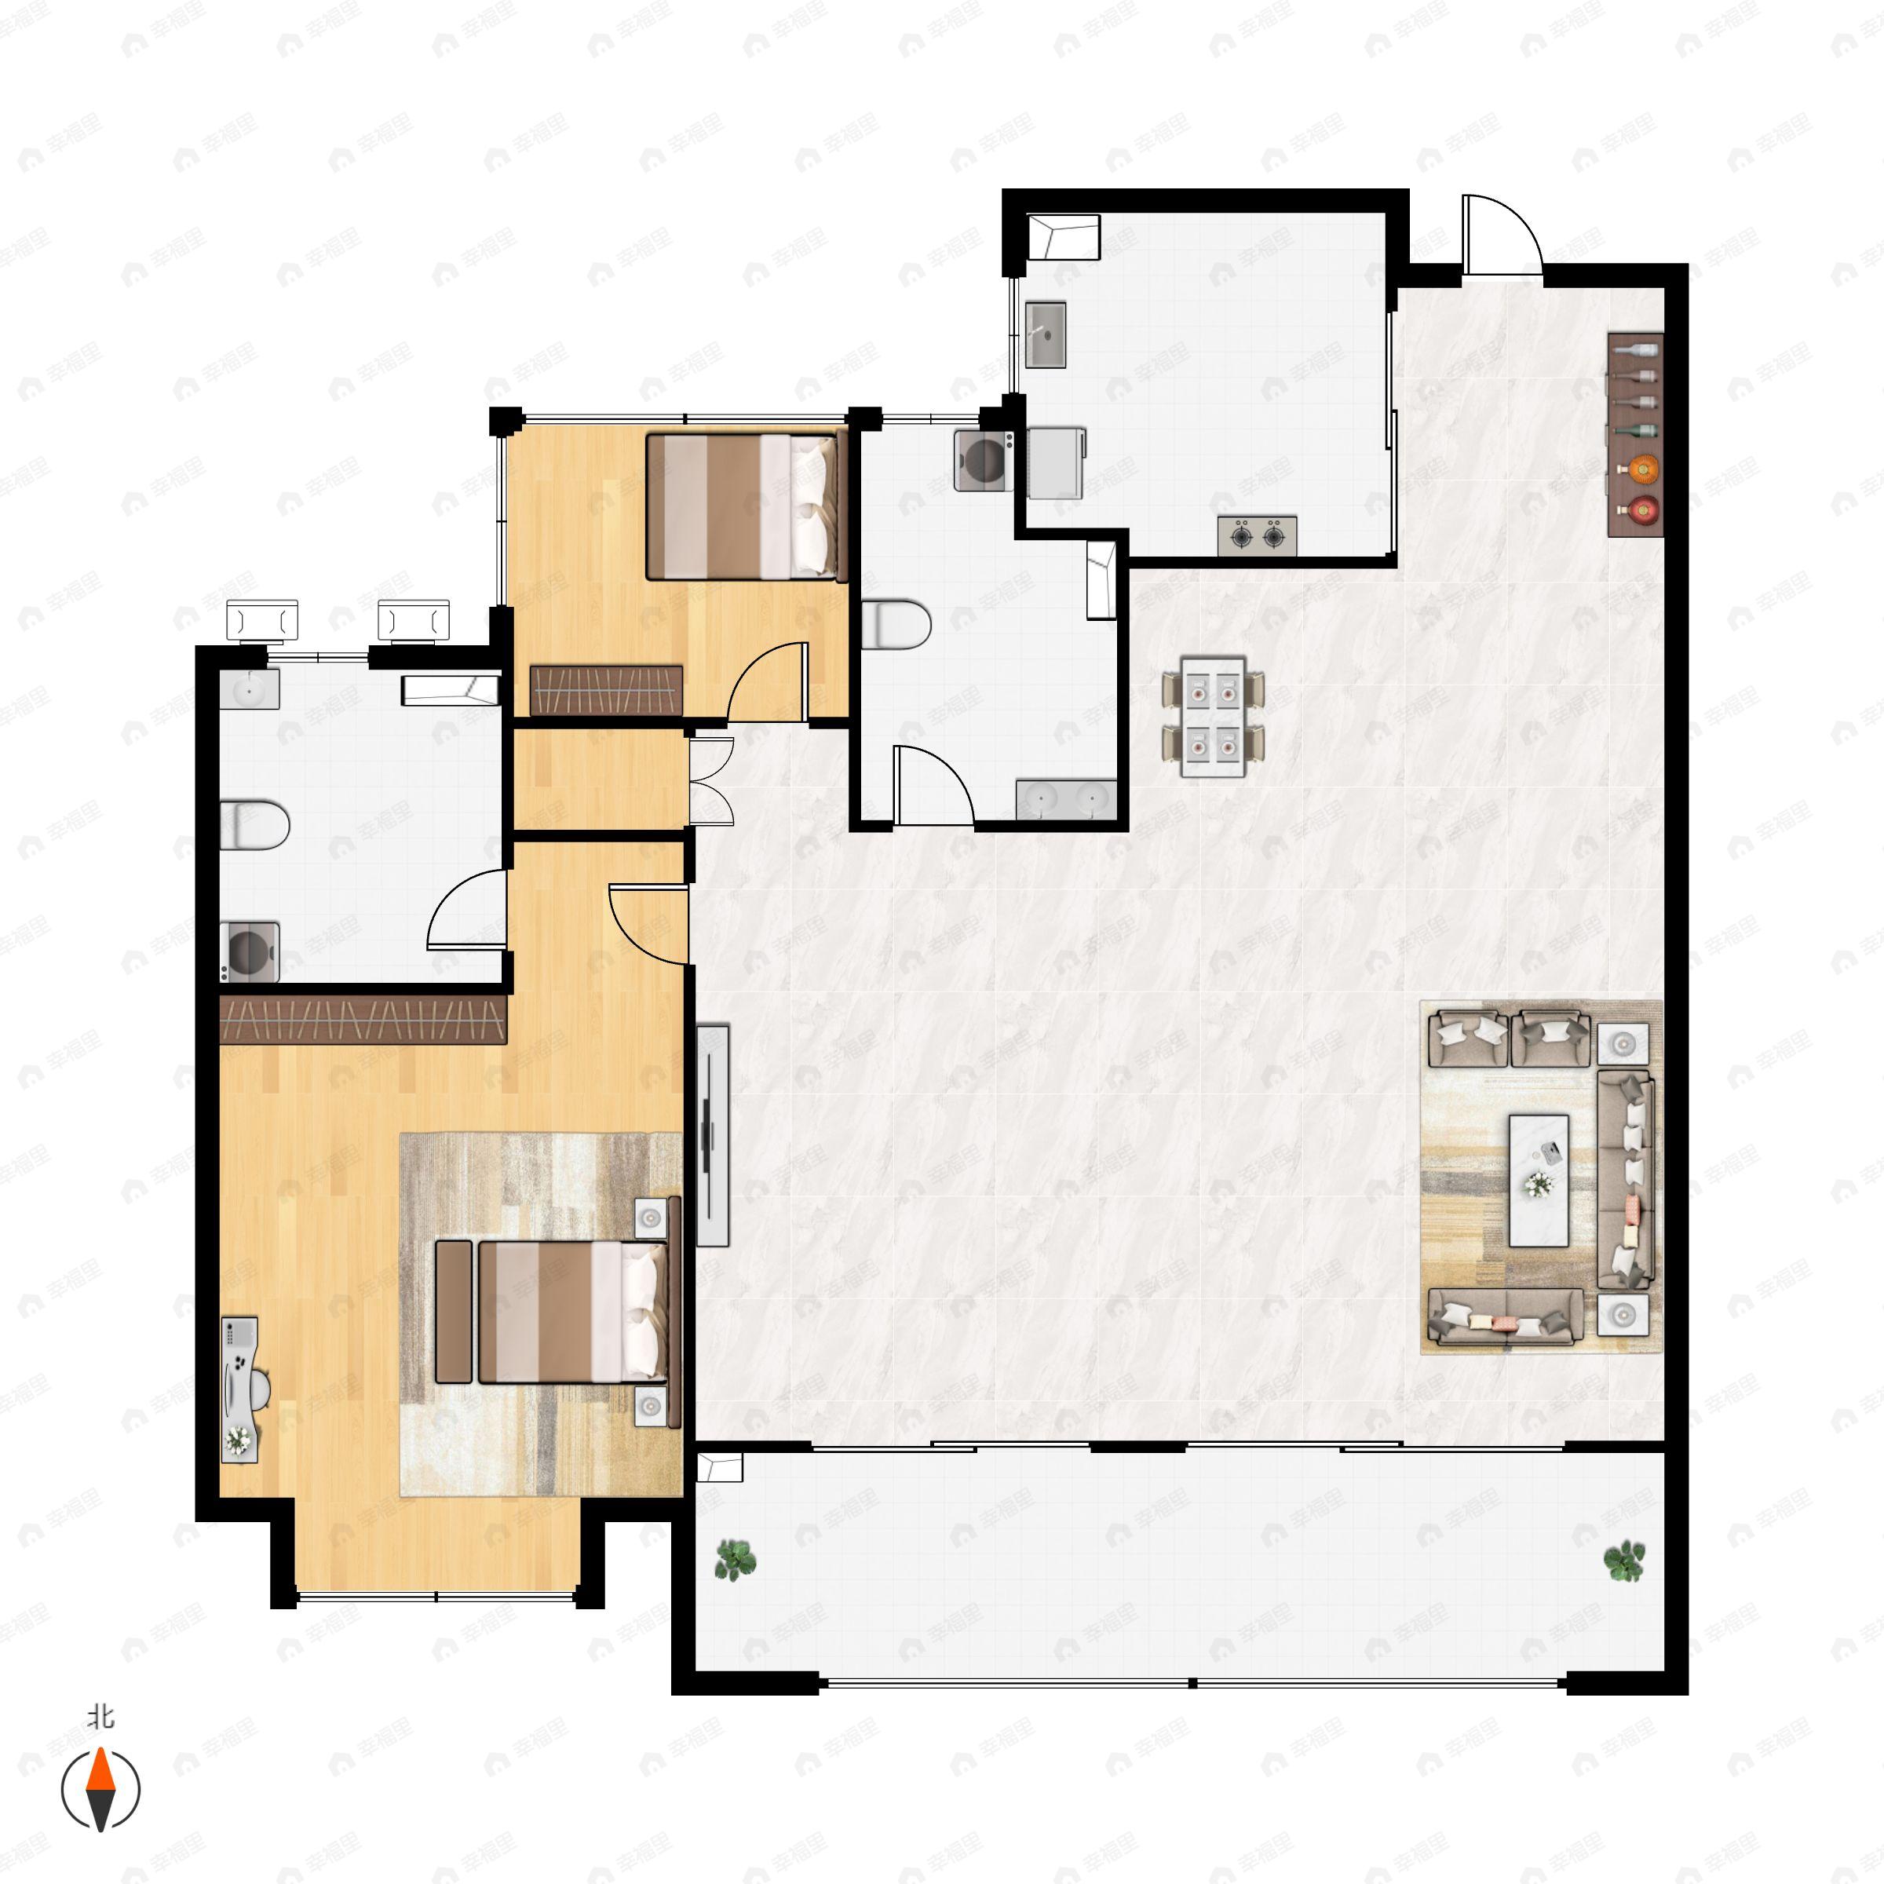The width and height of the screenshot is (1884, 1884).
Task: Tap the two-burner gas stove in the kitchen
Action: coord(1257,535)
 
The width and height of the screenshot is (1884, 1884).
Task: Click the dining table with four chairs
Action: coord(1212,717)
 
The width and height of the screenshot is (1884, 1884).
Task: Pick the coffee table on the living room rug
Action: coord(1538,1181)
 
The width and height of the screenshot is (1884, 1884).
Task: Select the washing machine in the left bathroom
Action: coord(250,951)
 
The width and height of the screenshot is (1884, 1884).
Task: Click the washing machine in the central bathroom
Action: coord(983,458)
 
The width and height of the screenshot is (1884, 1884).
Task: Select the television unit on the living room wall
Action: coord(714,1134)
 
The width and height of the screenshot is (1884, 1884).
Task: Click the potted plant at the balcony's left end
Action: coord(734,1559)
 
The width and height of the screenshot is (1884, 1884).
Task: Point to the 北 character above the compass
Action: coord(100,1716)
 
